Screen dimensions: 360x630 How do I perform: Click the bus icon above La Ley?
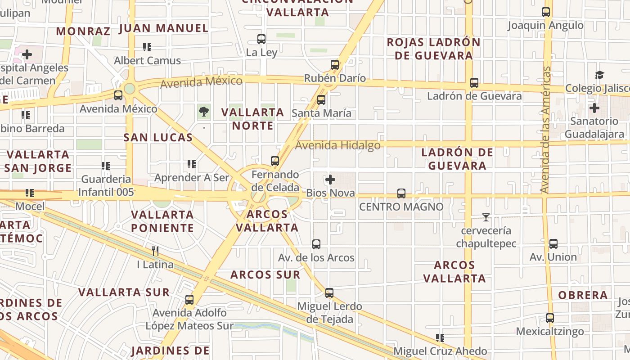point(261,39)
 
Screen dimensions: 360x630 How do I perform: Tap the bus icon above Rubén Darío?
point(335,65)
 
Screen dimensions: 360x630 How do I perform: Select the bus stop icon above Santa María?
point(321,100)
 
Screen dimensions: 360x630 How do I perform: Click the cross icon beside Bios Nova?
point(330,180)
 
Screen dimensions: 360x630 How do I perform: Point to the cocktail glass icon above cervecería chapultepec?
point(486,217)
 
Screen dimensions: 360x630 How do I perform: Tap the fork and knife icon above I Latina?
point(155,251)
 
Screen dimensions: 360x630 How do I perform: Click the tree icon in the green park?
point(204,111)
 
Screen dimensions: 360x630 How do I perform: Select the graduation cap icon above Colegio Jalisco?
point(599,75)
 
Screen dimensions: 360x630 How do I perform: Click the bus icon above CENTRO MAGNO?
point(401,193)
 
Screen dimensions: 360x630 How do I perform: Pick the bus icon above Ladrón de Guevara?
point(474,83)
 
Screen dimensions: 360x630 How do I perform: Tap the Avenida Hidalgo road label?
point(338,145)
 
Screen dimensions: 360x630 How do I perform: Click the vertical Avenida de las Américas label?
point(546,130)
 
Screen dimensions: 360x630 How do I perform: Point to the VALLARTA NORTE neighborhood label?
point(253,119)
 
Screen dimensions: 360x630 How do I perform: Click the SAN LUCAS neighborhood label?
point(158,138)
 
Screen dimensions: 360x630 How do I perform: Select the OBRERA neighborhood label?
point(583,296)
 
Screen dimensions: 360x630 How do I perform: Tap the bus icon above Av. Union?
point(553,244)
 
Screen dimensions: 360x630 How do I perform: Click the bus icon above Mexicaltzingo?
point(550,318)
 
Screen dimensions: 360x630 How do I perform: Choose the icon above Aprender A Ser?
point(192,165)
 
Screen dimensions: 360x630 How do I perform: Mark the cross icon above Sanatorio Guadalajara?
point(594,108)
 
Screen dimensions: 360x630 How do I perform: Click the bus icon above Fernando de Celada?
point(275,161)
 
